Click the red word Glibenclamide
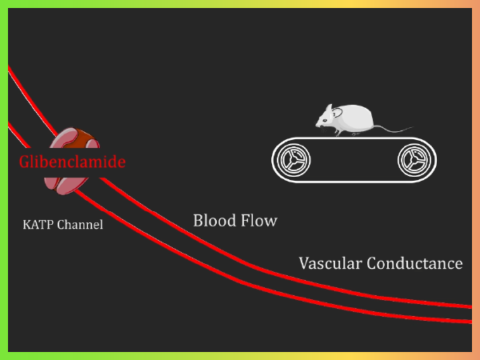tap(71, 162)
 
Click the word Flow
tap(259, 220)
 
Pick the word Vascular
tap(330, 262)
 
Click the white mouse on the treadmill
tap(348, 120)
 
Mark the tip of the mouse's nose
tap(316, 125)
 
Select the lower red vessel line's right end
tap(470, 321)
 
